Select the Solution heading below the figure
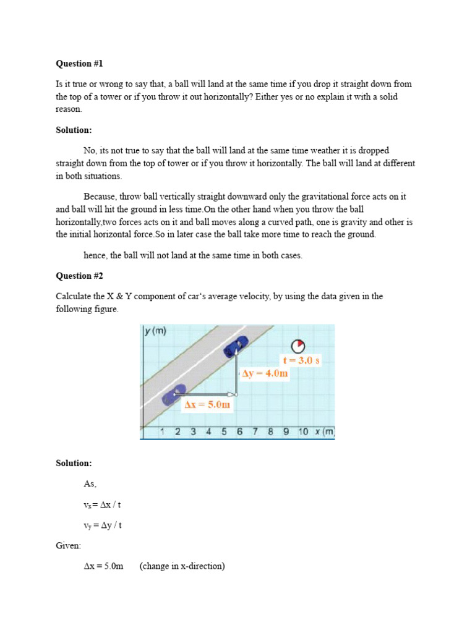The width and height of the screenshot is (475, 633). click(74, 463)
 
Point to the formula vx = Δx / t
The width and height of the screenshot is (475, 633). click(103, 504)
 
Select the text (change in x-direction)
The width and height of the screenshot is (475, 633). click(182, 566)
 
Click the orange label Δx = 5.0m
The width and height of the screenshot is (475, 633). click(207, 406)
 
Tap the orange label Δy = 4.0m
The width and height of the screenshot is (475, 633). click(265, 373)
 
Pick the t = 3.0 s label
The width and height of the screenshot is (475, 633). click(301, 360)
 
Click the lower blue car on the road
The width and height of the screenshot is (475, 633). click(174, 394)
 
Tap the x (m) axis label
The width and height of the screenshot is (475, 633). click(324, 431)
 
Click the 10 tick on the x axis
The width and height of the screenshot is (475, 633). click(303, 431)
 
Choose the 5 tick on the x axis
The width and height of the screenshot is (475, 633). click(224, 431)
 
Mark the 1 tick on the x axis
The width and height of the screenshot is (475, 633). click(162, 431)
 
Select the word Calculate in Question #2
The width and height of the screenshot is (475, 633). click(74, 296)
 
